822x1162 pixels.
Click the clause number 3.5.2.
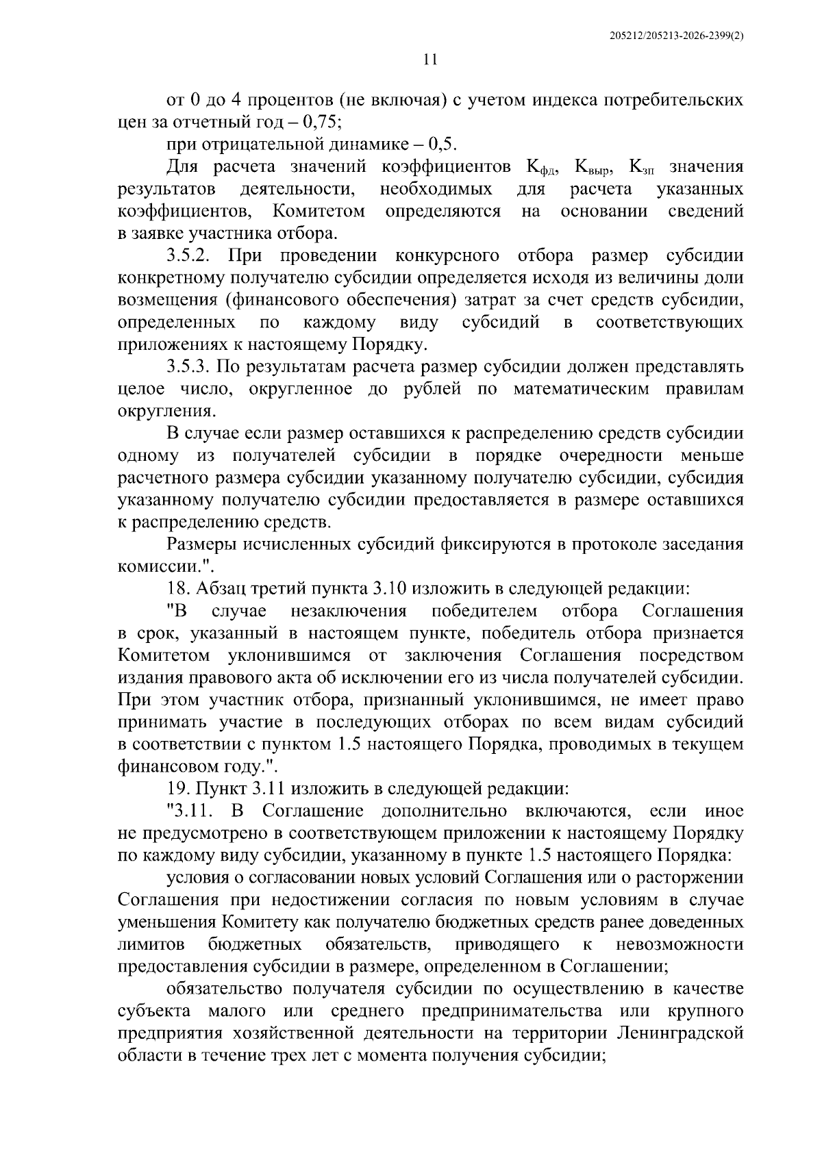192,256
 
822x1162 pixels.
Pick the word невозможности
680,945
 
